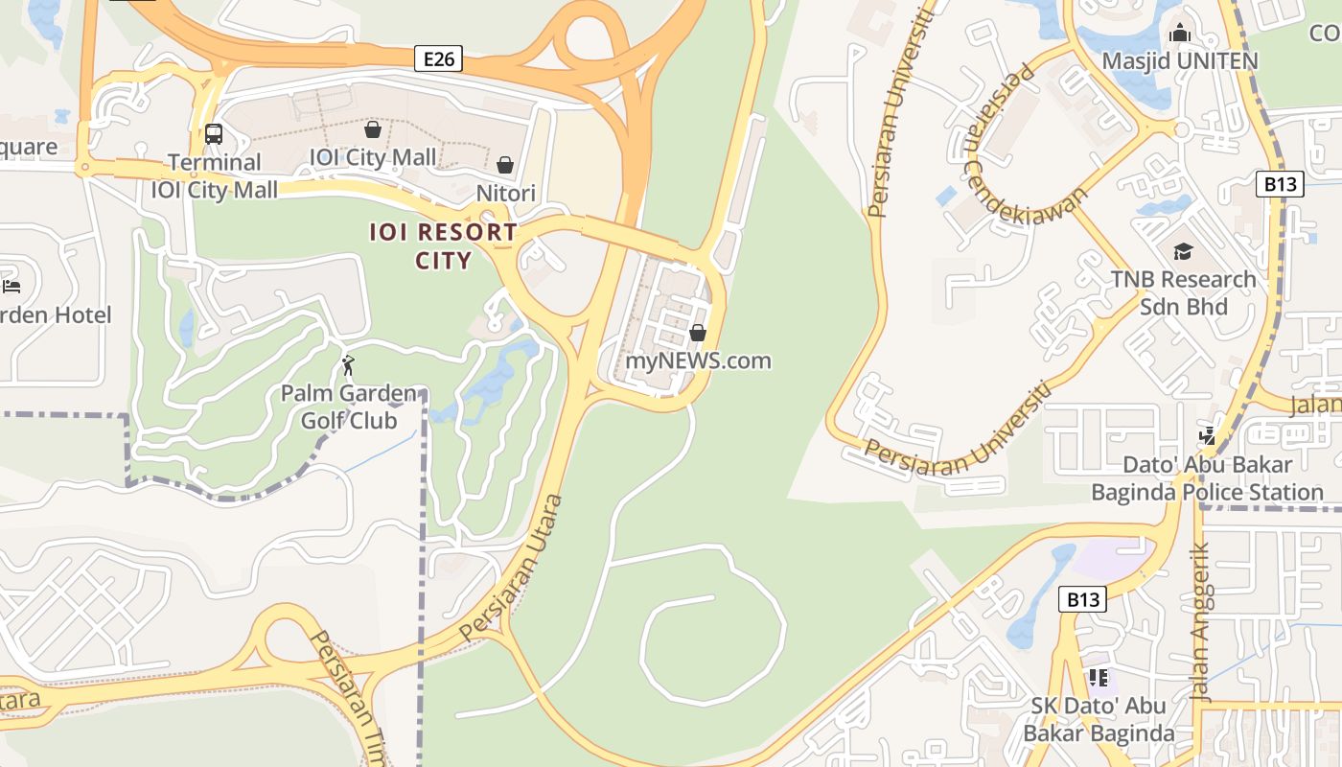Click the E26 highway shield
pyautogui.click(x=439, y=59)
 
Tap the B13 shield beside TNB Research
pyautogui.click(x=1280, y=184)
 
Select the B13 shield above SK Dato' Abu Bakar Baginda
pyautogui.click(x=1082, y=600)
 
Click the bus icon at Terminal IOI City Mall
pyautogui.click(x=213, y=134)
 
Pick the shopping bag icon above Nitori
pyautogui.click(x=505, y=165)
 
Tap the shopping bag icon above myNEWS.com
pyautogui.click(x=698, y=333)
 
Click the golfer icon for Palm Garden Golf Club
pyautogui.click(x=348, y=365)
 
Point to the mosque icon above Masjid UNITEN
pyautogui.click(x=1180, y=34)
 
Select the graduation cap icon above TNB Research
pyautogui.click(x=1183, y=251)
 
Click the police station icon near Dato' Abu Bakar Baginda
pyautogui.click(x=1208, y=436)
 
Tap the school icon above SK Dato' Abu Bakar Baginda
pyautogui.click(x=1099, y=678)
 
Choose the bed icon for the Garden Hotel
pyautogui.click(x=12, y=286)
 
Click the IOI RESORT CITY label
pyautogui.click(x=444, y=245)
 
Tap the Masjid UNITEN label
pyautogui.click(x=1179, y=61)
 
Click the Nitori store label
pyautogui.click(x=506, y=193)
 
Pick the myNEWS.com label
pyautogui.click(x=698, y=361)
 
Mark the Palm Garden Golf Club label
pyautogui.click(x=349, y=407)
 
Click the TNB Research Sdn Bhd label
pyautogui.click(x=1183, y=292)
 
